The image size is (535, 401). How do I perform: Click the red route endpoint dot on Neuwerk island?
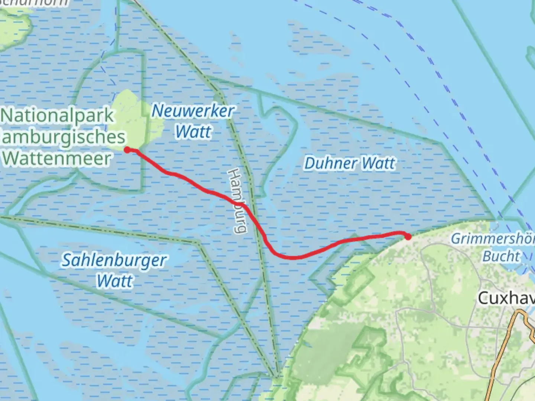click(x=127, y=150)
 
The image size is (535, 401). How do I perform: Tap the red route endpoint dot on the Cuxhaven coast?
click(x=408, y=237)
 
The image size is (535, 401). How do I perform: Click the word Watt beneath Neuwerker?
click(x=193, y=132)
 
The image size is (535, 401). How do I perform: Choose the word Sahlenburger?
click(x=114, y=260)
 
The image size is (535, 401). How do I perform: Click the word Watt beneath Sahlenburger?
click(x=114, y=281)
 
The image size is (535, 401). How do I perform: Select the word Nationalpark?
click(x=58, y=115)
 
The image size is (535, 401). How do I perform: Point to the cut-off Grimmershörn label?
click(x=493, y=238)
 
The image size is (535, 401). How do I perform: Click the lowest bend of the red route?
click(x=294, y=257)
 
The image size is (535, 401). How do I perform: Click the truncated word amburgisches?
click(x=63, y=137)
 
